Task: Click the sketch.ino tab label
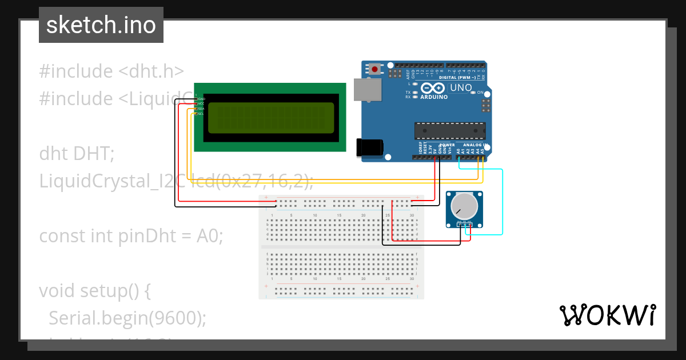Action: tap(101, 25)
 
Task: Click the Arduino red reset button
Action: tap(374, 70)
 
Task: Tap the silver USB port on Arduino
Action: tap(366, 90)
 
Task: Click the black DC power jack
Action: tap(368, 147)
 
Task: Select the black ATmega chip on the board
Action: tap(450, 131)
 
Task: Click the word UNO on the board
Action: tap(461, 88)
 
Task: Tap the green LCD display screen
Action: tap(271, 118)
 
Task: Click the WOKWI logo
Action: tap(607, 315)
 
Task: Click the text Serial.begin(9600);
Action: tap(127, 318)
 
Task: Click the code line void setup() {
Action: tap(95, 290)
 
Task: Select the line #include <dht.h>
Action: tap(111, 71)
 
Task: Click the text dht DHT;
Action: tap(77, 154)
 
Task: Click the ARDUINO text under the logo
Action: tap(434, 97)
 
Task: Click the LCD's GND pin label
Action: tap(201, 99)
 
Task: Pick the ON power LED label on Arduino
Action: tap(480, 93)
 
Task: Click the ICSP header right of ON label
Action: tap(486, 105)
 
